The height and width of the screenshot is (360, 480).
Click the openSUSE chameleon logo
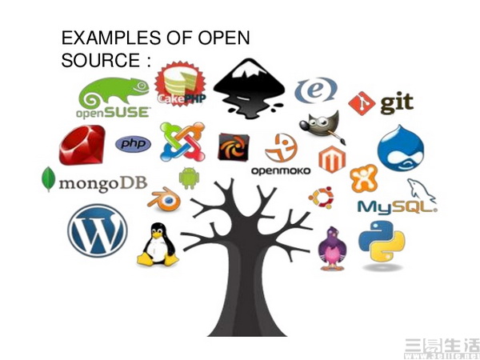pos(113,97)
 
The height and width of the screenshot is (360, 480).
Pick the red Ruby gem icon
pos(82,146)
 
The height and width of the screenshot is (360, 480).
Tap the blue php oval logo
pos(133,144)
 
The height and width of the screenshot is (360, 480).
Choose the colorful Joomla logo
pos(182,142)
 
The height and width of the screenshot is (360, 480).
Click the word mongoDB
pos(101,182)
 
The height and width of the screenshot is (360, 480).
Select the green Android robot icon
pos(189,178)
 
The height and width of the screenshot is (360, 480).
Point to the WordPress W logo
pos(97,228)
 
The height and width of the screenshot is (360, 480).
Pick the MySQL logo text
pos(396,207)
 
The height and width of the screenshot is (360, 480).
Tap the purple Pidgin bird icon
pos(331,249)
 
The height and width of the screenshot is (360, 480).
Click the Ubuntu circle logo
pos(321,197)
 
